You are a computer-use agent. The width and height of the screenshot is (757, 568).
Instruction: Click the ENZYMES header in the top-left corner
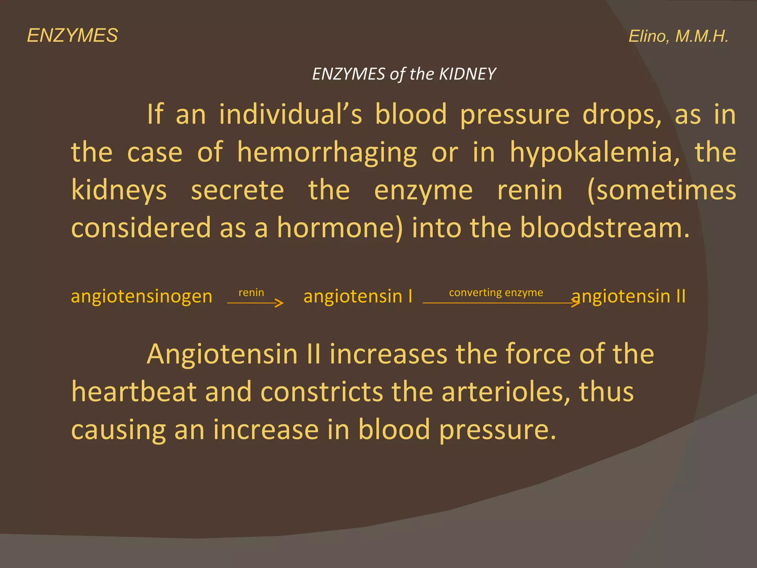pyautogui.click(x=72, y=36)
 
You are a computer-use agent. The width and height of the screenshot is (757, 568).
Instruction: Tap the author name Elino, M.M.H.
pyautogui.click(x=678, y=37)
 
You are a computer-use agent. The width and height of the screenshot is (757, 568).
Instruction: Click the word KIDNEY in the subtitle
pyautogui.click(x=467, y=74)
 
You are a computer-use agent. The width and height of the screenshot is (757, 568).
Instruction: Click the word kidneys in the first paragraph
pyautogui.click(x=119, y=191)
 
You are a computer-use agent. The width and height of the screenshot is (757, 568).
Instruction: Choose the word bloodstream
pyautogui.click(x=604, y=228)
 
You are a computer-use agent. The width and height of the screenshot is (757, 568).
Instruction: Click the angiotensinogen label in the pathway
pyautogui.click(x=142, y=297)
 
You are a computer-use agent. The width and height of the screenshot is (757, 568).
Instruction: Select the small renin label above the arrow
pyautogui.click(x=251, y=293)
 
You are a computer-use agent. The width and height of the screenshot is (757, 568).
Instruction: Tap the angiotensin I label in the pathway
pyautogui.click(x=357, y=297)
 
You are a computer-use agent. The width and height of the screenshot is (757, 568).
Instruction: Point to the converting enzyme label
pyautogui.click(x=496, y=293)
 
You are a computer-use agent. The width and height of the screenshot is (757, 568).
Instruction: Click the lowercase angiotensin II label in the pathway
pyautogui.click(x=629, y=297)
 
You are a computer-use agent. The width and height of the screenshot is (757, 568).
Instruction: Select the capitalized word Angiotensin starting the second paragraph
pyautogui.click(x=222, y=354)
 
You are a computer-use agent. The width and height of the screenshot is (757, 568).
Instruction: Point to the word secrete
pyautogui.click(x=237, y=191)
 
